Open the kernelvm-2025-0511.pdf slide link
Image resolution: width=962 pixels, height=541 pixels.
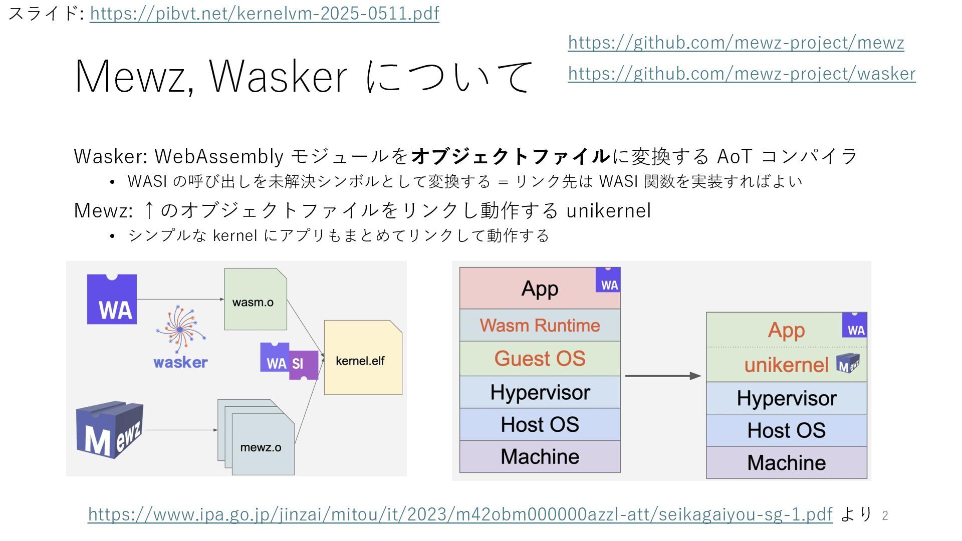264,14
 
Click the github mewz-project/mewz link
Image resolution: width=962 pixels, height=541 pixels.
736,43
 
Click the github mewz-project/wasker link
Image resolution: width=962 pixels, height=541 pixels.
742,74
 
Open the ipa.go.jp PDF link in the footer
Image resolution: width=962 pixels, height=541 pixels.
460,514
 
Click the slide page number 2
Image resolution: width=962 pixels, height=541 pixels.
885,515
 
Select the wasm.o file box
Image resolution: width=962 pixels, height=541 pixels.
255,300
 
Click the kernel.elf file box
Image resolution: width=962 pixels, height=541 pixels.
362,358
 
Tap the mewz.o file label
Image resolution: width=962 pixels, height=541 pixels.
261,447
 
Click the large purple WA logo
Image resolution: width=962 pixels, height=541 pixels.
112,299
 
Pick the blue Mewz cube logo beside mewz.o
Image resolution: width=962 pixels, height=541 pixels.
109,429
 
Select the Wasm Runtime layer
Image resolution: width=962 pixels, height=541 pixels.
540,326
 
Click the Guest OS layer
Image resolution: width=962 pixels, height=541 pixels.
540,359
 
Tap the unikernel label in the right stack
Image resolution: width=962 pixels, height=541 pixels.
786,365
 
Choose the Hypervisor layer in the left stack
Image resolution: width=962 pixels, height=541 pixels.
540,392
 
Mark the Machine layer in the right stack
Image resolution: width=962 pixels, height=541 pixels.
786,462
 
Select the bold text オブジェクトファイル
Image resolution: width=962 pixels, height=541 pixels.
510,156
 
